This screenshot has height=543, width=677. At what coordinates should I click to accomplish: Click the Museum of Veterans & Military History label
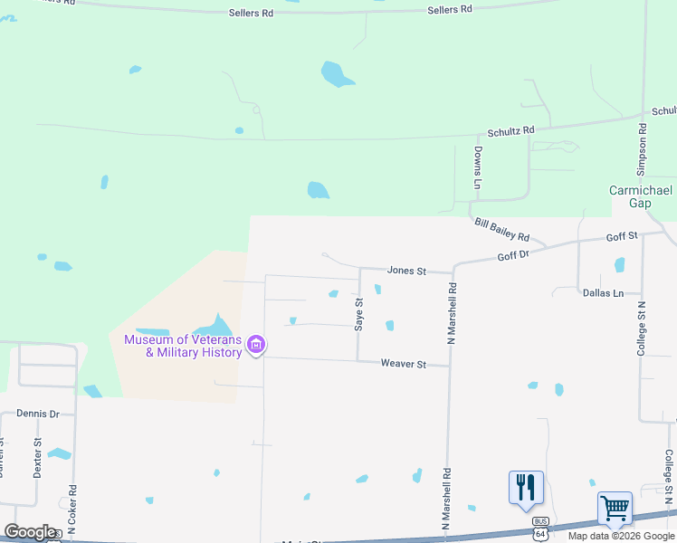click(x=183, y=346)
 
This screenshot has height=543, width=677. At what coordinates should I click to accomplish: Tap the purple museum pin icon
click(x=257, y=344)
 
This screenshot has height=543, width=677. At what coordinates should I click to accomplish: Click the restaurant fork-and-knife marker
click(x=526, y=488)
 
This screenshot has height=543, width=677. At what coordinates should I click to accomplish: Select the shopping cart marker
click(x=615, y=509)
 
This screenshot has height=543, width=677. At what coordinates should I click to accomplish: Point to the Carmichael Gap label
click(x=642, y=196)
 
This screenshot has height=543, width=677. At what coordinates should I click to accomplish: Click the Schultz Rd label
click(x=511, y=131)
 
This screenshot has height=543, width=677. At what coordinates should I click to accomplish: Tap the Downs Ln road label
click(x=477, y=168)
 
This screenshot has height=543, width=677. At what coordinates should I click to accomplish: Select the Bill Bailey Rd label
click(x=501, y=230)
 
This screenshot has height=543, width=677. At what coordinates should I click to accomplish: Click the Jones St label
click(x=406, y=270)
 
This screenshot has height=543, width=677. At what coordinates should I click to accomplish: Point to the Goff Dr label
click(x=513, y=256)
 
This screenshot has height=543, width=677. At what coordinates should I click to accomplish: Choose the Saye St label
click(x=359, y=314)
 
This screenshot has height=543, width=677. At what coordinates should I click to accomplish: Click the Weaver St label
click(x=403, y=364)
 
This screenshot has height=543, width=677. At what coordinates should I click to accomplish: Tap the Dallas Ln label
click(x=604, y=293)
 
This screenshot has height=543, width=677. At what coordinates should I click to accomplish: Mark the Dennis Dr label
click(x=37, y=414)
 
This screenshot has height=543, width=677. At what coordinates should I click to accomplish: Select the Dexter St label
click(x=37, y=458)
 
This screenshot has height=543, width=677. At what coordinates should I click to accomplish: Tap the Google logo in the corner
click(x=30, y=531)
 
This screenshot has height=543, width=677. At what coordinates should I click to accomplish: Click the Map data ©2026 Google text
click(x=621, y=536)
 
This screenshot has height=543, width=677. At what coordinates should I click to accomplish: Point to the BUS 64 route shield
click(x=541, y=526)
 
